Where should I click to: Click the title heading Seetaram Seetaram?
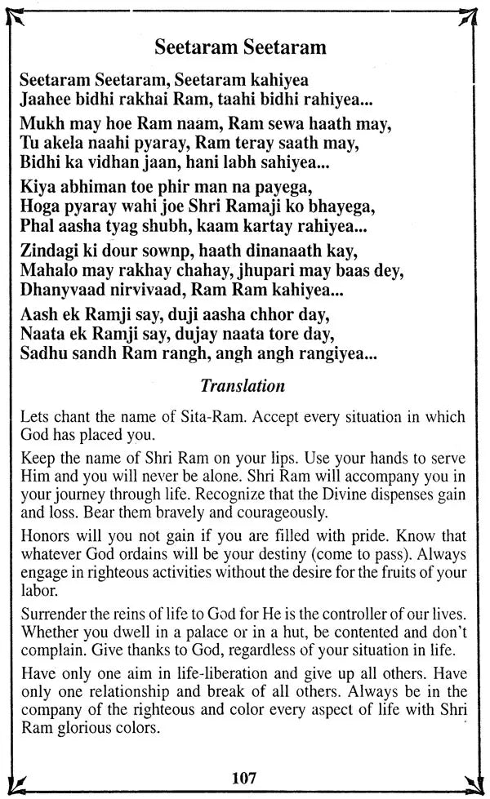tap(240, 48)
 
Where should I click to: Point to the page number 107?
tap(244, 777)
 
